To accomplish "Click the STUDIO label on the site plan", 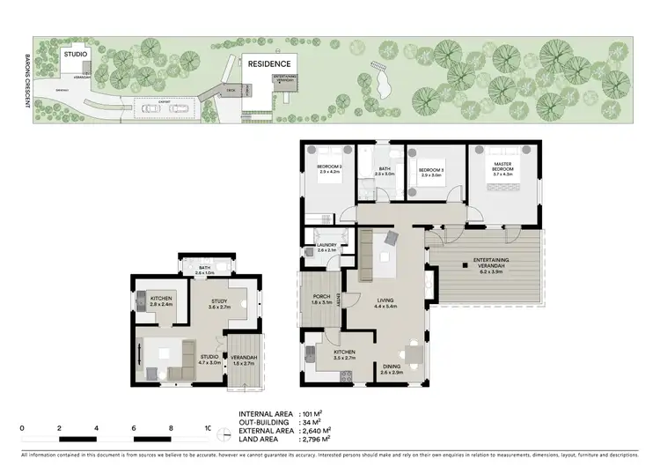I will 75,55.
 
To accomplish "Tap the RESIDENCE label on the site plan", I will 268,64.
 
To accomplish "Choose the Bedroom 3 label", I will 430,174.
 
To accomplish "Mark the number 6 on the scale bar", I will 134,428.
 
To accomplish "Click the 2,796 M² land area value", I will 314,439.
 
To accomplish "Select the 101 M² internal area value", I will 311,412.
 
